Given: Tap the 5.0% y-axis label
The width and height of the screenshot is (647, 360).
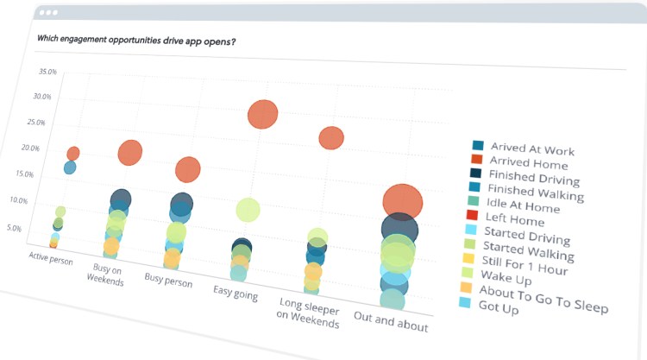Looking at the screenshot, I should pos(38,228).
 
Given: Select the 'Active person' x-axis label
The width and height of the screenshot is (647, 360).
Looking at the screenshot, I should pos(50,258).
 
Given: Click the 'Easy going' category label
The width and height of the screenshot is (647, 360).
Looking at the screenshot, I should pos(232,290).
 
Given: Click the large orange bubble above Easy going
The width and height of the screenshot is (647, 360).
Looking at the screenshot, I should pos(262,114).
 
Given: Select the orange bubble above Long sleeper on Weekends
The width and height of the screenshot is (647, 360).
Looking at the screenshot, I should pos(331,137).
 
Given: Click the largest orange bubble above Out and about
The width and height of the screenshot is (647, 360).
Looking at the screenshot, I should pos(403,204).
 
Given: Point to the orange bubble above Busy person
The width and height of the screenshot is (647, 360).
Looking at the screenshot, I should pos(188,169).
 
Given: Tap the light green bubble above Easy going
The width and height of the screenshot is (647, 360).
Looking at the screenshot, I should pos(248,209).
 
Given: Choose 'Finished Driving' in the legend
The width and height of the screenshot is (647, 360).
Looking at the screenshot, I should pos(533,178).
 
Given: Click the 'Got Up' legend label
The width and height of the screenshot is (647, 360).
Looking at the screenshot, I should pos(498,308).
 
